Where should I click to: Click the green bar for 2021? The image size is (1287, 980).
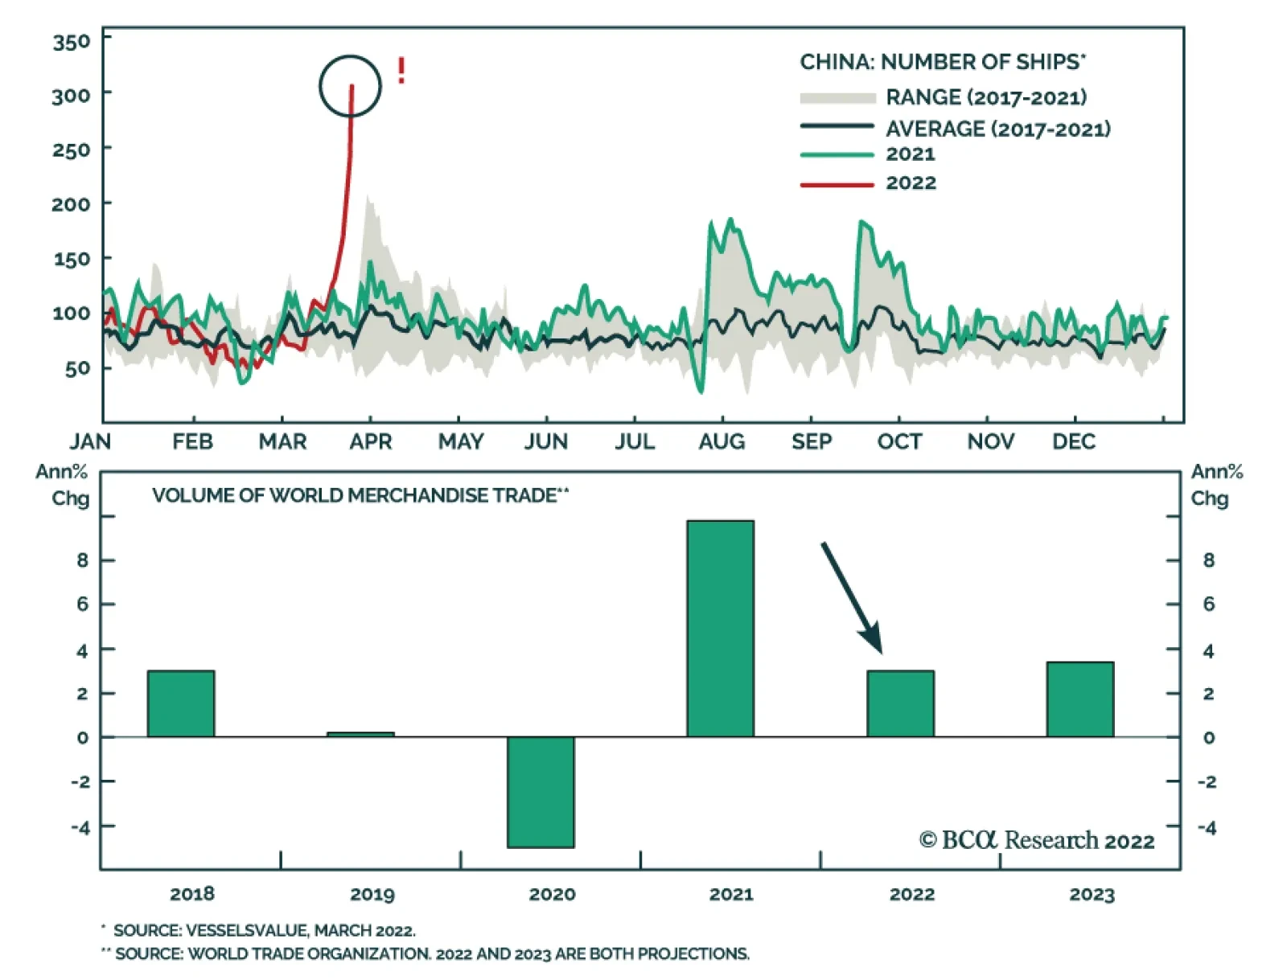pyautogui.click(x=720, y=629)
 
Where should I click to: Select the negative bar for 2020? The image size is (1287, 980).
pyautogui.click(x=541, y=792)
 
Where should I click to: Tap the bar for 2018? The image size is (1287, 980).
pyautogui.click(x=181, y=703)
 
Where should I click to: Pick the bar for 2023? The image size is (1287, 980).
pyautogui.click(x=1079, y=699)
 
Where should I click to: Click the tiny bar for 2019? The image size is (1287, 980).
pyautogui.click(x=360, y=734)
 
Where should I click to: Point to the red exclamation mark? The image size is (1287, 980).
pyautogui.click(x=401, y=71)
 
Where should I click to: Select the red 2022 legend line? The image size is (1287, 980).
pyautogui.click(x=837, y=184)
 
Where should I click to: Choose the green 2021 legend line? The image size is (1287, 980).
pyautogui.click(x=837, y=154)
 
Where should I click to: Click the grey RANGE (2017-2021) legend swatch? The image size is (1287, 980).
pyautogui.click(x=837, y=98)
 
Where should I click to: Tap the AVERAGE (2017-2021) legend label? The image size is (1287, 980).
pyautogui.click(x=997, y=129)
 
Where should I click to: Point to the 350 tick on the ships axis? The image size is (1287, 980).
pyautogui.click(x=72, y=41)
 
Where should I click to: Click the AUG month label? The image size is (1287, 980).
pyautogui.click(x=722, y=441)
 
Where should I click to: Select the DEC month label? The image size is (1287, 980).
pyautogui.click(x=1074, y=441)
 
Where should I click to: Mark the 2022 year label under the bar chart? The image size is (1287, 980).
pyautogui.click(x=911, y=894)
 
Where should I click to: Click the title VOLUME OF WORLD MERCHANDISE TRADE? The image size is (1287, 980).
pyautogui.click(x=354, y=495)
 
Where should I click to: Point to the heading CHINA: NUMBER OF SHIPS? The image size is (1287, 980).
pyautogui.click(x=941, y=62)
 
